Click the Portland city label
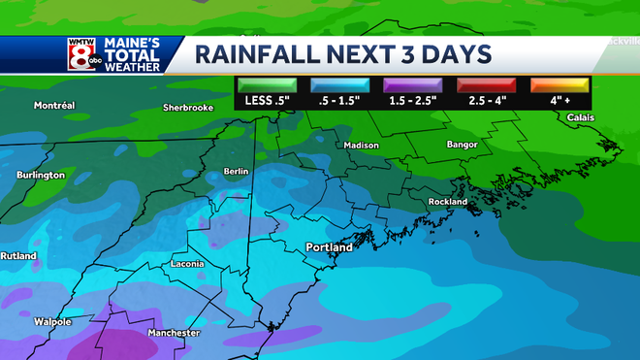329,246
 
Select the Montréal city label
54,105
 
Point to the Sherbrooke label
188,108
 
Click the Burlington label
41,175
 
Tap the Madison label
362,146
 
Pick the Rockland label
446,202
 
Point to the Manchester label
174,333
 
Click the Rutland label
18,256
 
